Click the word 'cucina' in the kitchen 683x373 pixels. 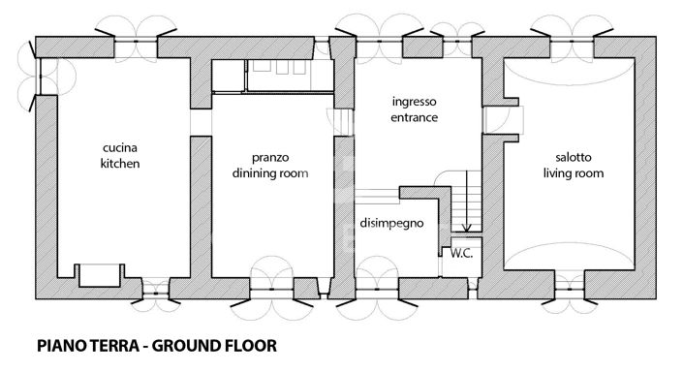(x=121, y=147)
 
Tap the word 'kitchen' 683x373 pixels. (x=121, y=164)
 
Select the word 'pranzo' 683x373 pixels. (x=269, y=157)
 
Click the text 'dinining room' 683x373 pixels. (x=269, y=174)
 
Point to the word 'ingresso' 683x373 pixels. (x=416, y=101)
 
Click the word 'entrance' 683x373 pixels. (x=416, y=117)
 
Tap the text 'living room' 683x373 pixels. (x=573, y=174)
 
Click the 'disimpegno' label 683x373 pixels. (x=393, y=222)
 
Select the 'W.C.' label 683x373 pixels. (x=459, y=253)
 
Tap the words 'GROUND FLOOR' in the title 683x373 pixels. (x=219, y=345)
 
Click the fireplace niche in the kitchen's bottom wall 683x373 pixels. (x=99, y=274)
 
